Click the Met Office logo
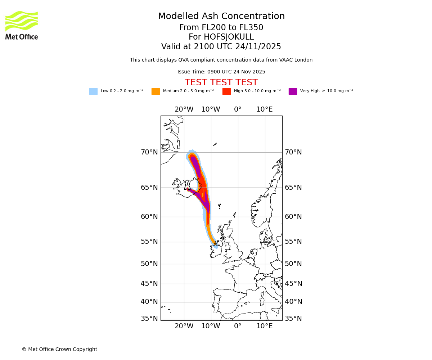tap(22, 25)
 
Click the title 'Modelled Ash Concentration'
tap(221, 17)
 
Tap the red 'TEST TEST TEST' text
tap(221, 83)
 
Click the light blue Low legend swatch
tap(93, 91)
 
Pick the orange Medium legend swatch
tap(156, 91)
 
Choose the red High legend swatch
tap(226, 91)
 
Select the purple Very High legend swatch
tap(293, 91)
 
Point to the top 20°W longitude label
tap(184, 109)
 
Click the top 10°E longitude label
tap(265, 109)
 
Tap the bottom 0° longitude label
tap(238, 326)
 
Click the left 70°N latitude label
tap(149, 152)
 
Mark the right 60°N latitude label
tap(293, 217)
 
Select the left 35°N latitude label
tap(149, 319)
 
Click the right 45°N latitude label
tap(293, 284)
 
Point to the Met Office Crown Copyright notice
tap(59, 350)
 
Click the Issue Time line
tap(221, 72)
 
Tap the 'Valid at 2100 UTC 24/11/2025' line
tap(221, 47)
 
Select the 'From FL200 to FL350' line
tap(221, 28)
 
